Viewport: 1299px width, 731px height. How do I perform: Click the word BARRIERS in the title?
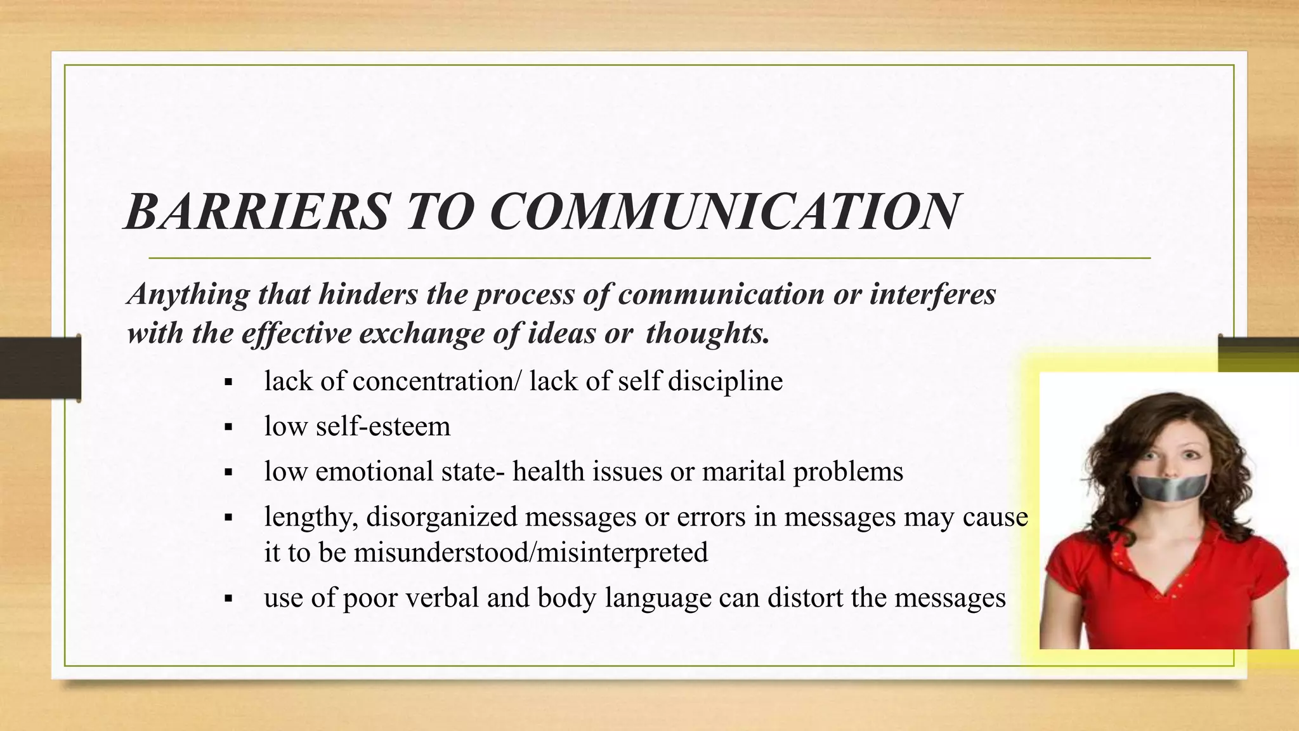pos(257,211)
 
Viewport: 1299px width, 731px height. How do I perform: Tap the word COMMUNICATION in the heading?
pos(724,211)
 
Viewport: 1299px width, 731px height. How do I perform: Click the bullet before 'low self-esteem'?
pos(229,428)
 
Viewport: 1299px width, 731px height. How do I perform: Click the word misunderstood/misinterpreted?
pos(530,552)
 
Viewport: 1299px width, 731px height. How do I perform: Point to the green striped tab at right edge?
pos(1258,354)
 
